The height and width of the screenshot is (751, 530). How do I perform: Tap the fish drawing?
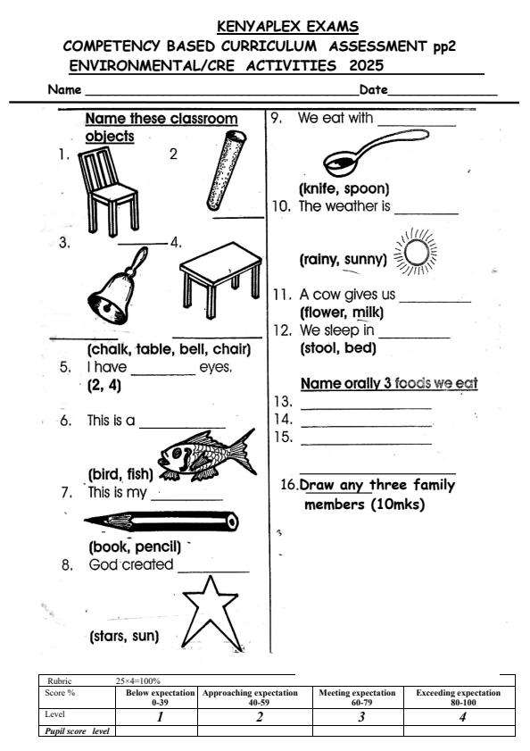point(209,453)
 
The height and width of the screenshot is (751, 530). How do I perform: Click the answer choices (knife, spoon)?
point(344,188)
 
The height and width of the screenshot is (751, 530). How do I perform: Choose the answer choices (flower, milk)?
point(342,313)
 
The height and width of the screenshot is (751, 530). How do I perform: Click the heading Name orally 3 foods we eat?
point(388,384)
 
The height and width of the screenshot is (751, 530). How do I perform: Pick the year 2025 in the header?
point(366,65)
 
